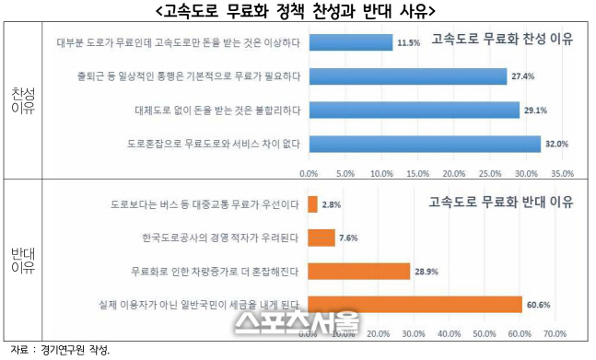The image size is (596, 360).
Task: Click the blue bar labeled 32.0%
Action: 425,144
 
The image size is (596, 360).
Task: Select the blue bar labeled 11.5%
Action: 351,42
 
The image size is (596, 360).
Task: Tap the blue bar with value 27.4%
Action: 407,76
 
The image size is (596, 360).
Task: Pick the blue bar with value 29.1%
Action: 414,110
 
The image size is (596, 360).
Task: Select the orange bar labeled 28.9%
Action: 359,271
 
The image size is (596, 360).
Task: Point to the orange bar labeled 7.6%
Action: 321,238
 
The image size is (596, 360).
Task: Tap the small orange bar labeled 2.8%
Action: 313,204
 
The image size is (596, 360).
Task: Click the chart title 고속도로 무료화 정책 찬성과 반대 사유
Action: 298,11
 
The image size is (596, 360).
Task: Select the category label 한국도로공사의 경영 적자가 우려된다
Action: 220,238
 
